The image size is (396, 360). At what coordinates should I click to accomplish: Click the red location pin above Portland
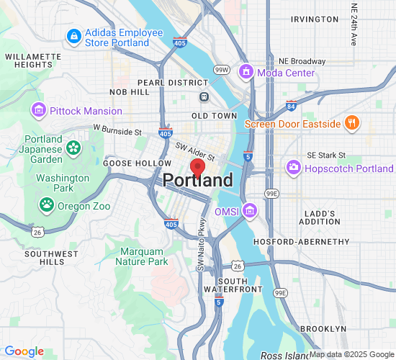(197, 167)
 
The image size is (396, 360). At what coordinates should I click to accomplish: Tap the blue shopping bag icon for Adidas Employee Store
(73, 35)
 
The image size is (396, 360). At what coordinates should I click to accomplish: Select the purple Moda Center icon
(246, 72)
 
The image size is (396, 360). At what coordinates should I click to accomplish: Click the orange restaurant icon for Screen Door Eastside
(351, 123)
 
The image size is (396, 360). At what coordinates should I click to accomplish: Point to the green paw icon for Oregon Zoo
(47, 204)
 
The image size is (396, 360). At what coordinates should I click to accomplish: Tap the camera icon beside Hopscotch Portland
(294, 168)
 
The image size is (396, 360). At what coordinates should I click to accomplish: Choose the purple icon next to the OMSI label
(250, 210)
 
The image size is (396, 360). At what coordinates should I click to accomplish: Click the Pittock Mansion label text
(86, 111)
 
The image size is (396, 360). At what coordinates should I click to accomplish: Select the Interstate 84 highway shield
(291, 107)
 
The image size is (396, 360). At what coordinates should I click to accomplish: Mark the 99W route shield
(222, 70)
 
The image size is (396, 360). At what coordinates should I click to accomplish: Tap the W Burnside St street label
(117, 131)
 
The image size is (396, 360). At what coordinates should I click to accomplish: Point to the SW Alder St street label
(195, 150)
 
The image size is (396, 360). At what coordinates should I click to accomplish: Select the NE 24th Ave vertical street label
(354, 25)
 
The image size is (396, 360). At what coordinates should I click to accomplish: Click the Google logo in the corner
(24, 351)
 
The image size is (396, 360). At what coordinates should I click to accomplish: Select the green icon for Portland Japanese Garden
(73, 148)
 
